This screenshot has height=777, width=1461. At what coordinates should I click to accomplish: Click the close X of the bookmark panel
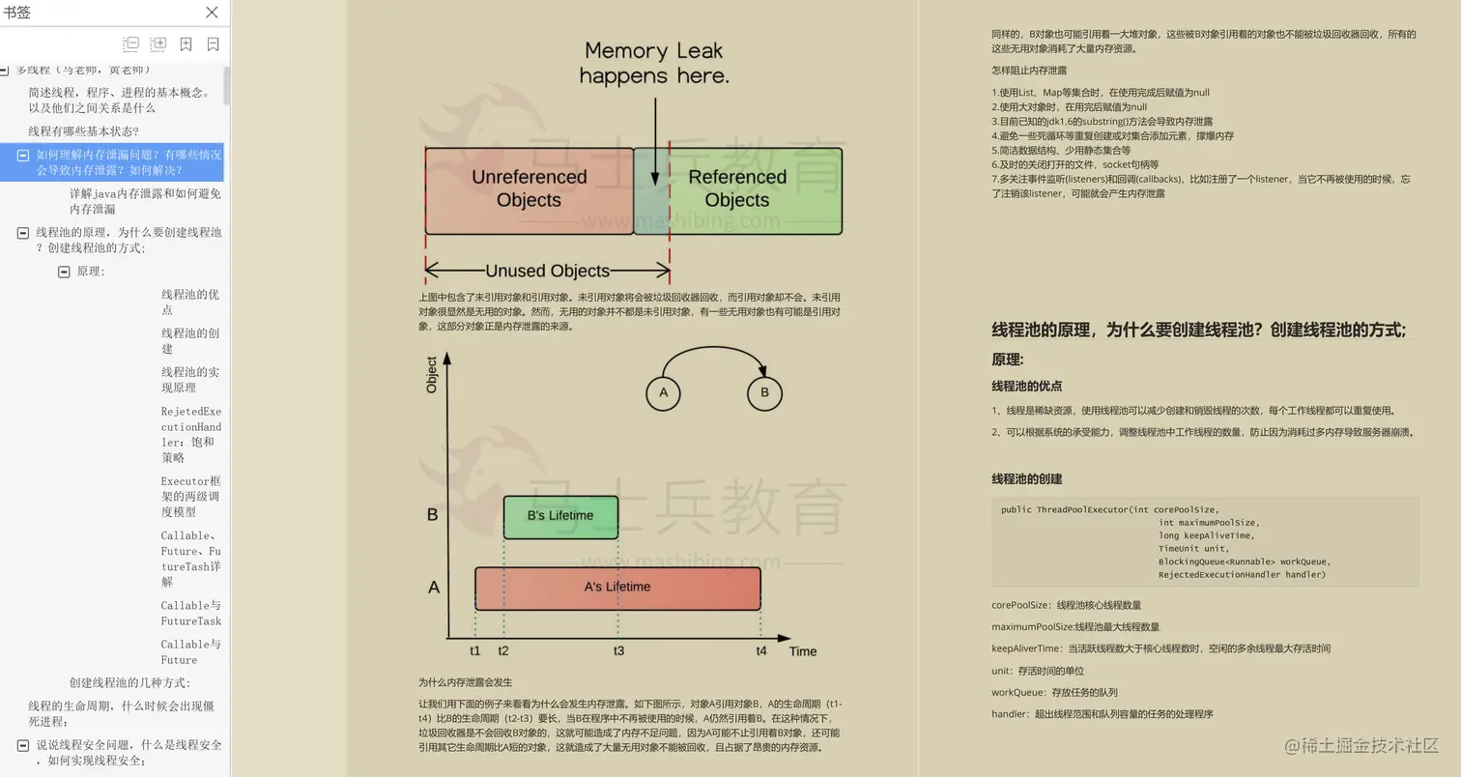point(212,13)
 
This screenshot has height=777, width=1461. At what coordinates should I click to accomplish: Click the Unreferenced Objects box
point(529,189)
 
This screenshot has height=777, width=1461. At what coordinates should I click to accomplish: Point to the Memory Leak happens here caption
point(654,63)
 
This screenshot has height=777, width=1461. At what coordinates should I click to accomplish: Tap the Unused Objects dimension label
point(547,272)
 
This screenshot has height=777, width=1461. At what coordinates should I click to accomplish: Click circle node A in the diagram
point(663,392)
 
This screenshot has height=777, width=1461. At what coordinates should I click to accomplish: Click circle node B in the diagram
point(764,392)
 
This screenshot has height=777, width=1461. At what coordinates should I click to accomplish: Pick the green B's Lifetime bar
point(560,516)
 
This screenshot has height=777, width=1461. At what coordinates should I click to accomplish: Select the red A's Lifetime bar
point(617,588)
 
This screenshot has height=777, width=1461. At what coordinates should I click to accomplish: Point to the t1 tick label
point(475,650)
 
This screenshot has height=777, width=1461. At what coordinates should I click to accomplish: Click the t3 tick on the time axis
point(618,650)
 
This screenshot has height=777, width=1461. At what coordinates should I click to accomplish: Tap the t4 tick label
point(761,650)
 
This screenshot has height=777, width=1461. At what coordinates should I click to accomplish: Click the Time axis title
point(803,651)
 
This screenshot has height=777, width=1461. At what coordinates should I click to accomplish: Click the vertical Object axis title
point(432,375)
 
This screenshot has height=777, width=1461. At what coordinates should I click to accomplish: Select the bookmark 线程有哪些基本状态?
point(83,131)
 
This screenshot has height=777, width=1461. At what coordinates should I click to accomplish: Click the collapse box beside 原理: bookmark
point(64,272)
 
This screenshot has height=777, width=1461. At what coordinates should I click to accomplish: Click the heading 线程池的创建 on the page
point(1026,479)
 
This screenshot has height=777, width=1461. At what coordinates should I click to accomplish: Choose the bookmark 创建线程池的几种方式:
point(129,683)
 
